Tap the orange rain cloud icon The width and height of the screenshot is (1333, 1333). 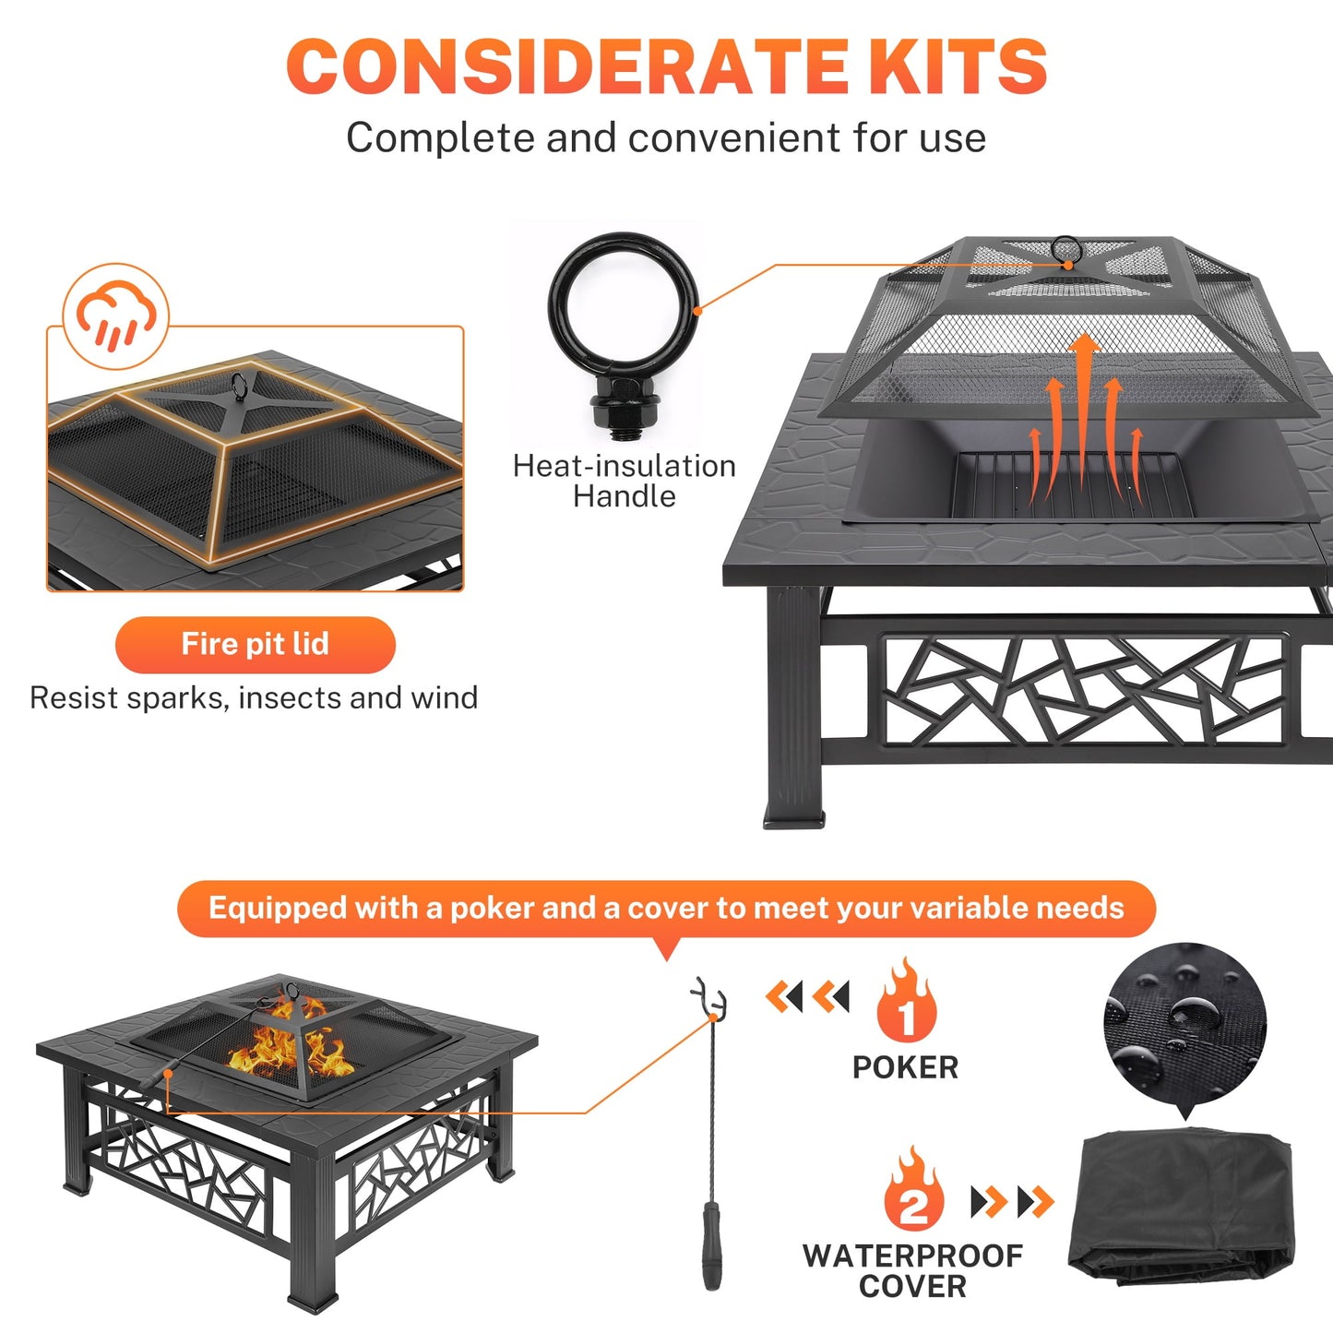click(x=116, y=316)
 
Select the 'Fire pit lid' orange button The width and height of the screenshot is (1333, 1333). click(x=256, y=644)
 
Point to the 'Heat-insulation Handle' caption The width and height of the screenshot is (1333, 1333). click(x=625, y=481)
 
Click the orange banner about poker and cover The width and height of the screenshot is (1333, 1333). click(x=666, y=909)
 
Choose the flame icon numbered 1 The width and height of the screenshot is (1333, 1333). click(x=907, y=1004)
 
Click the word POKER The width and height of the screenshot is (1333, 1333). click(x=905, y=1067)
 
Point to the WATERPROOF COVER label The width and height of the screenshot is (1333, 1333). click(x=912, y=1270)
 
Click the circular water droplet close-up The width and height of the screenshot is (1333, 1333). click(x=1184, y=1023)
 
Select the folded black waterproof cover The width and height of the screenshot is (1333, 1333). click(x=1182, y=1208)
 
